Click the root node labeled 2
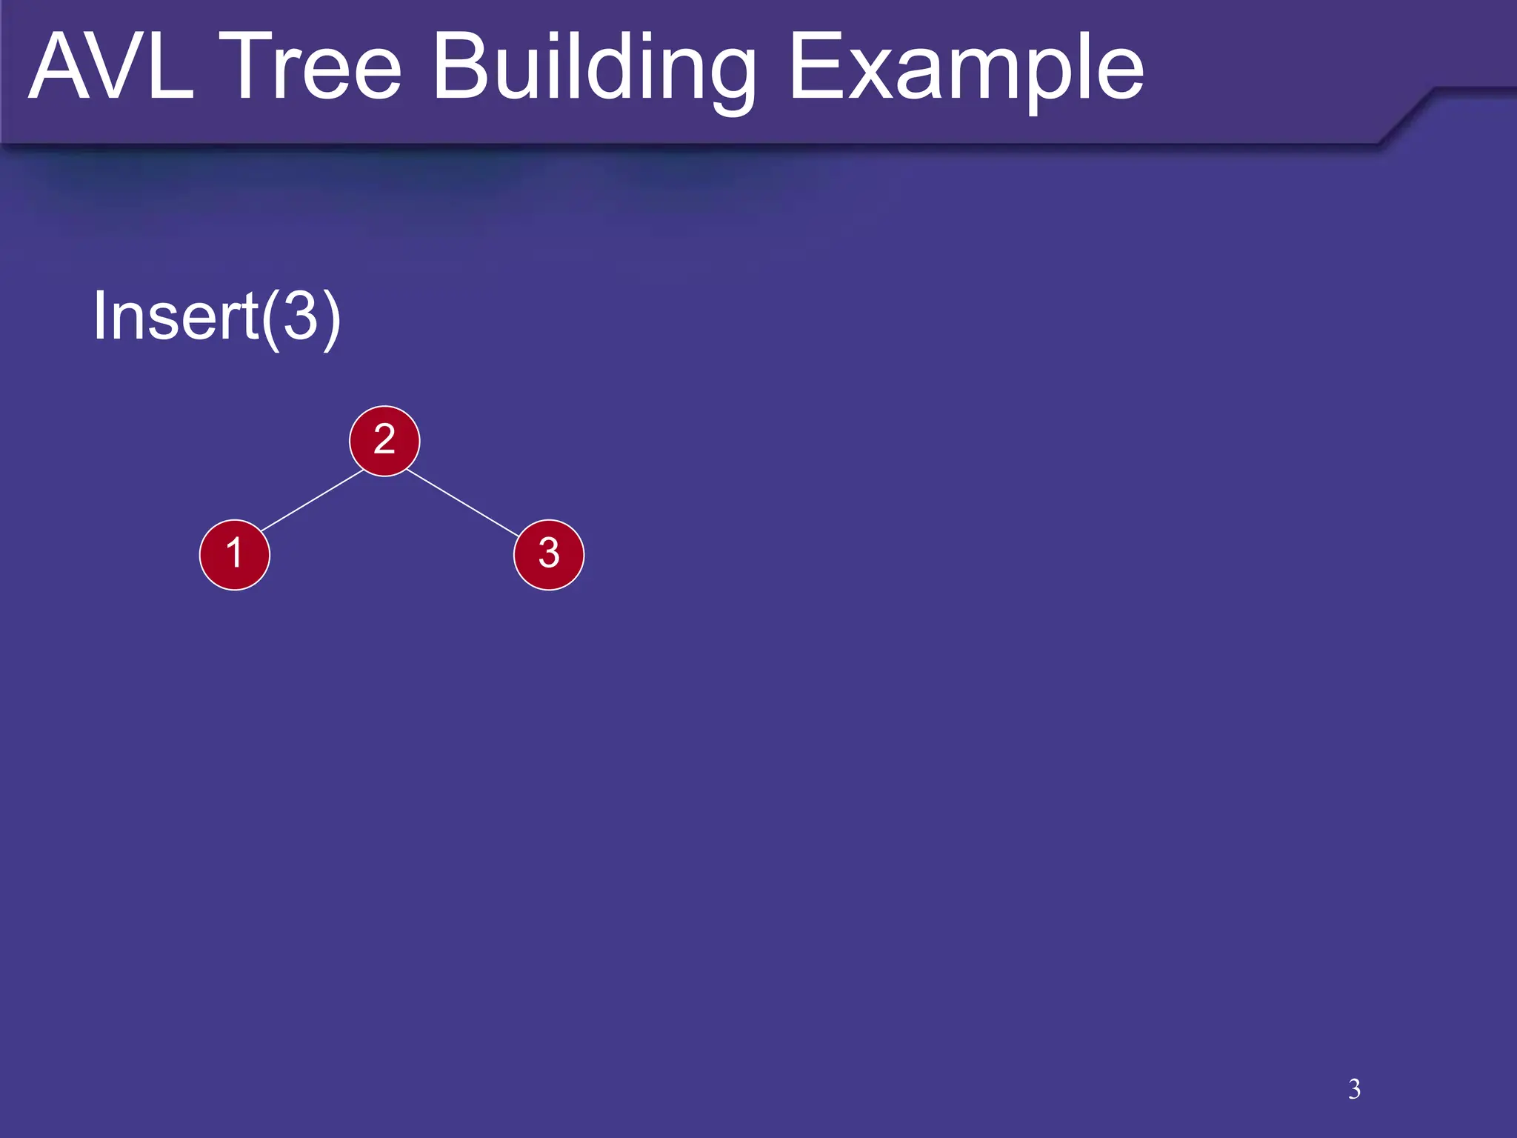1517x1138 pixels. click(384, 441)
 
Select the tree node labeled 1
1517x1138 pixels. click(235, 555)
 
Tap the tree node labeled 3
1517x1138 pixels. click(549, 555)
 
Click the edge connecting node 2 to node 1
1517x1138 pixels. click(312, 500)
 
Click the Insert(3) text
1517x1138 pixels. click(216, 316)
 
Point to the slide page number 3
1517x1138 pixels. click(1354, 1089)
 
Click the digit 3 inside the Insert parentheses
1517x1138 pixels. click(301, 316)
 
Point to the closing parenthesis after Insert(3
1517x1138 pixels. click(331, 319)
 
